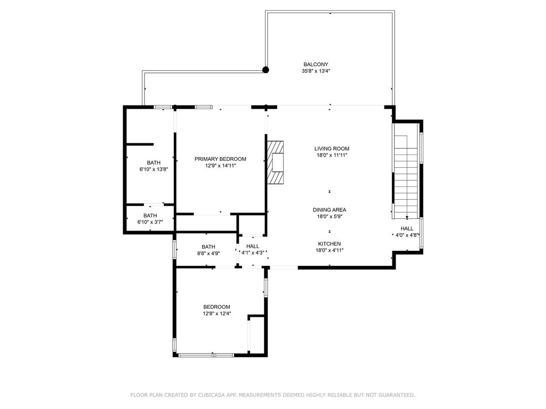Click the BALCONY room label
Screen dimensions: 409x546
coord(312,64)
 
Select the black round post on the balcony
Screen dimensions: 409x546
coord(266,69)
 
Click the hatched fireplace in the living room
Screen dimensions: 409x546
coord(276,162)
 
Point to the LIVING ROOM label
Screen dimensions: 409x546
coord(332,149)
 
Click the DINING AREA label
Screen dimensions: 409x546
coord(330,210)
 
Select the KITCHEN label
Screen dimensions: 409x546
coord(329,243)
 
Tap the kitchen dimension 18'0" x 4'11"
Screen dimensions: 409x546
coord(329,250)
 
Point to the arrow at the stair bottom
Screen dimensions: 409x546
coord(407,217)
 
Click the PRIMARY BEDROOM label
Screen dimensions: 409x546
coord(220,159)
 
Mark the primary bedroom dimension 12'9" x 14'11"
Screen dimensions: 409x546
coord(220,166)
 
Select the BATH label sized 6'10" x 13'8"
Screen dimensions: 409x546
coord(154,162)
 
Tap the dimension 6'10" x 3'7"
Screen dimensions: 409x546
coord(150,222)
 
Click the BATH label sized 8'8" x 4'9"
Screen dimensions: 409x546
coord(208,247)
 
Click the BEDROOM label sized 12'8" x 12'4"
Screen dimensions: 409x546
coord(216,307)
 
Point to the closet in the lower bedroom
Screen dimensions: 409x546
coord(257,334)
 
